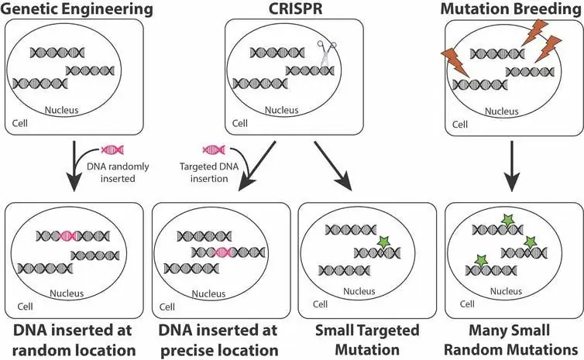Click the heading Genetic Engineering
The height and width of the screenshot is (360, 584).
(75, 9)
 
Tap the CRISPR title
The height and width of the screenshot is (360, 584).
(292, 9)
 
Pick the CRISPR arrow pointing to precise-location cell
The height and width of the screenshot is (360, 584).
(255, 165)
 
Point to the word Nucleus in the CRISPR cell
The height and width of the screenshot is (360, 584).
(292, 111)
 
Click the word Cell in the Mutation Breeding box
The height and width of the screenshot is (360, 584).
(460, 123)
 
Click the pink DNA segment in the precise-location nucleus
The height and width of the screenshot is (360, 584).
(226, 251)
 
